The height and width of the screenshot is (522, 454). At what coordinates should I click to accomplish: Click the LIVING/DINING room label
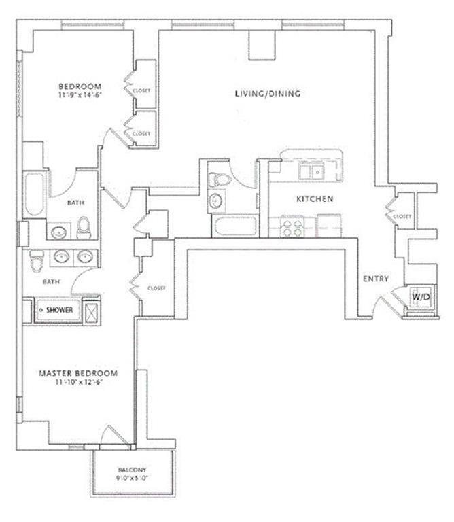(267, 94)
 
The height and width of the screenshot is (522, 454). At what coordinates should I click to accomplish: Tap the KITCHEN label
(314, 199)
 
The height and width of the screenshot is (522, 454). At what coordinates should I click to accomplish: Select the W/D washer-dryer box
(417, 296)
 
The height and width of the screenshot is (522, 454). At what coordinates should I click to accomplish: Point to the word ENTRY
(376, 279)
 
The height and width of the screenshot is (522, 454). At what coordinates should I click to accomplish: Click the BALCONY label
(132, 470)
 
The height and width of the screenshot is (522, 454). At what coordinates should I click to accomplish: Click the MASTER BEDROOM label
(78, 373)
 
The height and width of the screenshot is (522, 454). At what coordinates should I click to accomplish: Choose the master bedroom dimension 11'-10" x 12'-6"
(78, 382)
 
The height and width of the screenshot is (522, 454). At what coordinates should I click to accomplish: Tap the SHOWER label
(60, 310)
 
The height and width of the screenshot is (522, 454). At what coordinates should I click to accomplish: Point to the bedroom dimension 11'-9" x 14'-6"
(80, 96)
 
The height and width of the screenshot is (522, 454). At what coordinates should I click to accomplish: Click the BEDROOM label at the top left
(80, 86)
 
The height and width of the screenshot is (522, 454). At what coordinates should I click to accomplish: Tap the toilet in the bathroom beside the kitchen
(218, 179)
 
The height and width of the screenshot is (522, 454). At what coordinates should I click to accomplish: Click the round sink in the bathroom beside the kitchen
(216, 201)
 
